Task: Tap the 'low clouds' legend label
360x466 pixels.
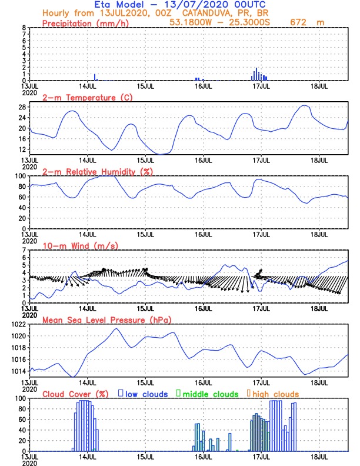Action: (146, 394)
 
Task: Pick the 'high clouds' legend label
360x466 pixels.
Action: (274, 394)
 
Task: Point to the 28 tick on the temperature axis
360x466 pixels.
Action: (22, 107)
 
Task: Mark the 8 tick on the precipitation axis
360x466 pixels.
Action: (24, 28)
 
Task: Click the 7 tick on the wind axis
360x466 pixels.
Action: (24, 251)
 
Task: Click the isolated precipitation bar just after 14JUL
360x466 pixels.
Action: (95, 77)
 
